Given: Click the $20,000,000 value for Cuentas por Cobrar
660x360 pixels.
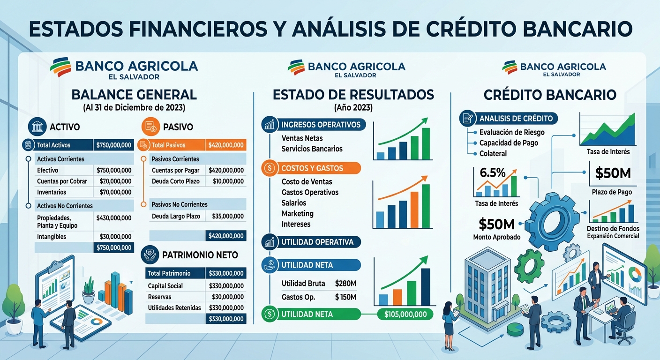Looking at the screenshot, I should (x=115, y=181).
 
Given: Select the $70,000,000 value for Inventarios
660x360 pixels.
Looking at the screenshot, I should (x=115, y=192).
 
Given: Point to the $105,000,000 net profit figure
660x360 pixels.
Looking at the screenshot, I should (x=405, y=314).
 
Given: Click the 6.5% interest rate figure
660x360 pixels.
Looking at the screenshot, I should (x=493, y=172).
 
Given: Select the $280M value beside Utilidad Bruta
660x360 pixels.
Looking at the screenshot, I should (x=346, y=283).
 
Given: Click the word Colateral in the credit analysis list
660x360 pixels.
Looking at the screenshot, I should (x=493, y=153).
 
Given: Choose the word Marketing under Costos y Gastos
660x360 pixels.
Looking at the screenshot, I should (x=298, y=214).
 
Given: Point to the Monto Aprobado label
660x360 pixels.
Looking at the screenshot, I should (x=497, y=237).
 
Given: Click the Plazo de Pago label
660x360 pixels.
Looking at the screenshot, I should (x=612, y=192).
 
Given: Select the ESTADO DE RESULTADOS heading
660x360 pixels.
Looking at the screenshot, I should (x=353, y=95).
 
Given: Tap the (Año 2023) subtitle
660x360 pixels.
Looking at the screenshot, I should (x=353, y=108).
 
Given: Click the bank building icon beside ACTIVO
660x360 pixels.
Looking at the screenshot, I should (x=37, y=127).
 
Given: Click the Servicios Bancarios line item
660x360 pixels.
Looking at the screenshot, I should (x=312, y=149).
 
